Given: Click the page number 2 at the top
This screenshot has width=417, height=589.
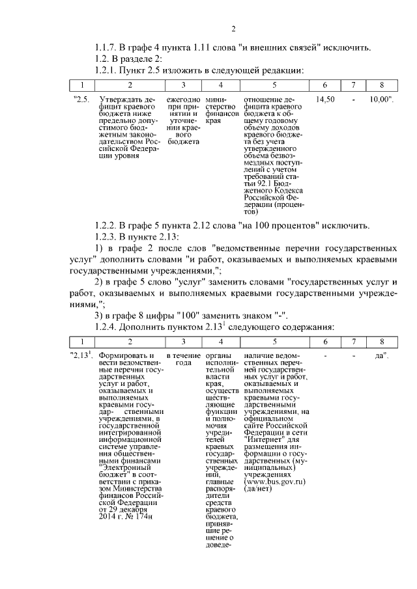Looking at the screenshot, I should [233, 29].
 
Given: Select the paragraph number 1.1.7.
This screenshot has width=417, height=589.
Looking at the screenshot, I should [108, 47].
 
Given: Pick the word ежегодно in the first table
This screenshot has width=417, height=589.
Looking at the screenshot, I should [183, 99].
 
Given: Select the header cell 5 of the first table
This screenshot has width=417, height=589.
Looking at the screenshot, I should [274, 85].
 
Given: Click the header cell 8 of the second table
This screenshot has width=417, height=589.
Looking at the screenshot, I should [382, 342].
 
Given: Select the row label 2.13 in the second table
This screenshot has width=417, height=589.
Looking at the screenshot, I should [82, 355].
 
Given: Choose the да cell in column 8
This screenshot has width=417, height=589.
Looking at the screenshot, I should [381, 355].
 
